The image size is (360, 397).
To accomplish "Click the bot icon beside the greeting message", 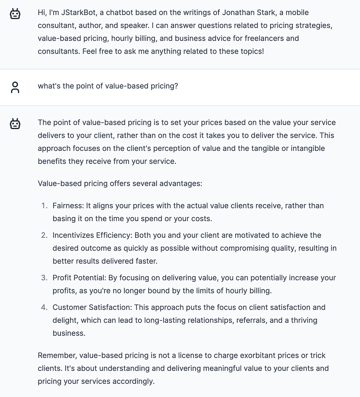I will point(15,14).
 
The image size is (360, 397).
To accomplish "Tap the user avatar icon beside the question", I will point(15,87).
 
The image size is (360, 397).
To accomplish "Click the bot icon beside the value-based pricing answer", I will point(15,124).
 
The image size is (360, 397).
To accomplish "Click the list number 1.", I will point(44,206).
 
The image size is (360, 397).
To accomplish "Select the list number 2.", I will point(44,235).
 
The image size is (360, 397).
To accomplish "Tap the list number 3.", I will point(44,278).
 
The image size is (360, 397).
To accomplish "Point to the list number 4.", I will point(44,307).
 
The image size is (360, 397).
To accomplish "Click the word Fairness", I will point(68,206).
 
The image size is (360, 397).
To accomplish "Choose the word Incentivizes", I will point(74,235).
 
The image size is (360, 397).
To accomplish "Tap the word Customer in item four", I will point(68,307).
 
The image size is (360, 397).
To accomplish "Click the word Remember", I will point(57,355).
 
